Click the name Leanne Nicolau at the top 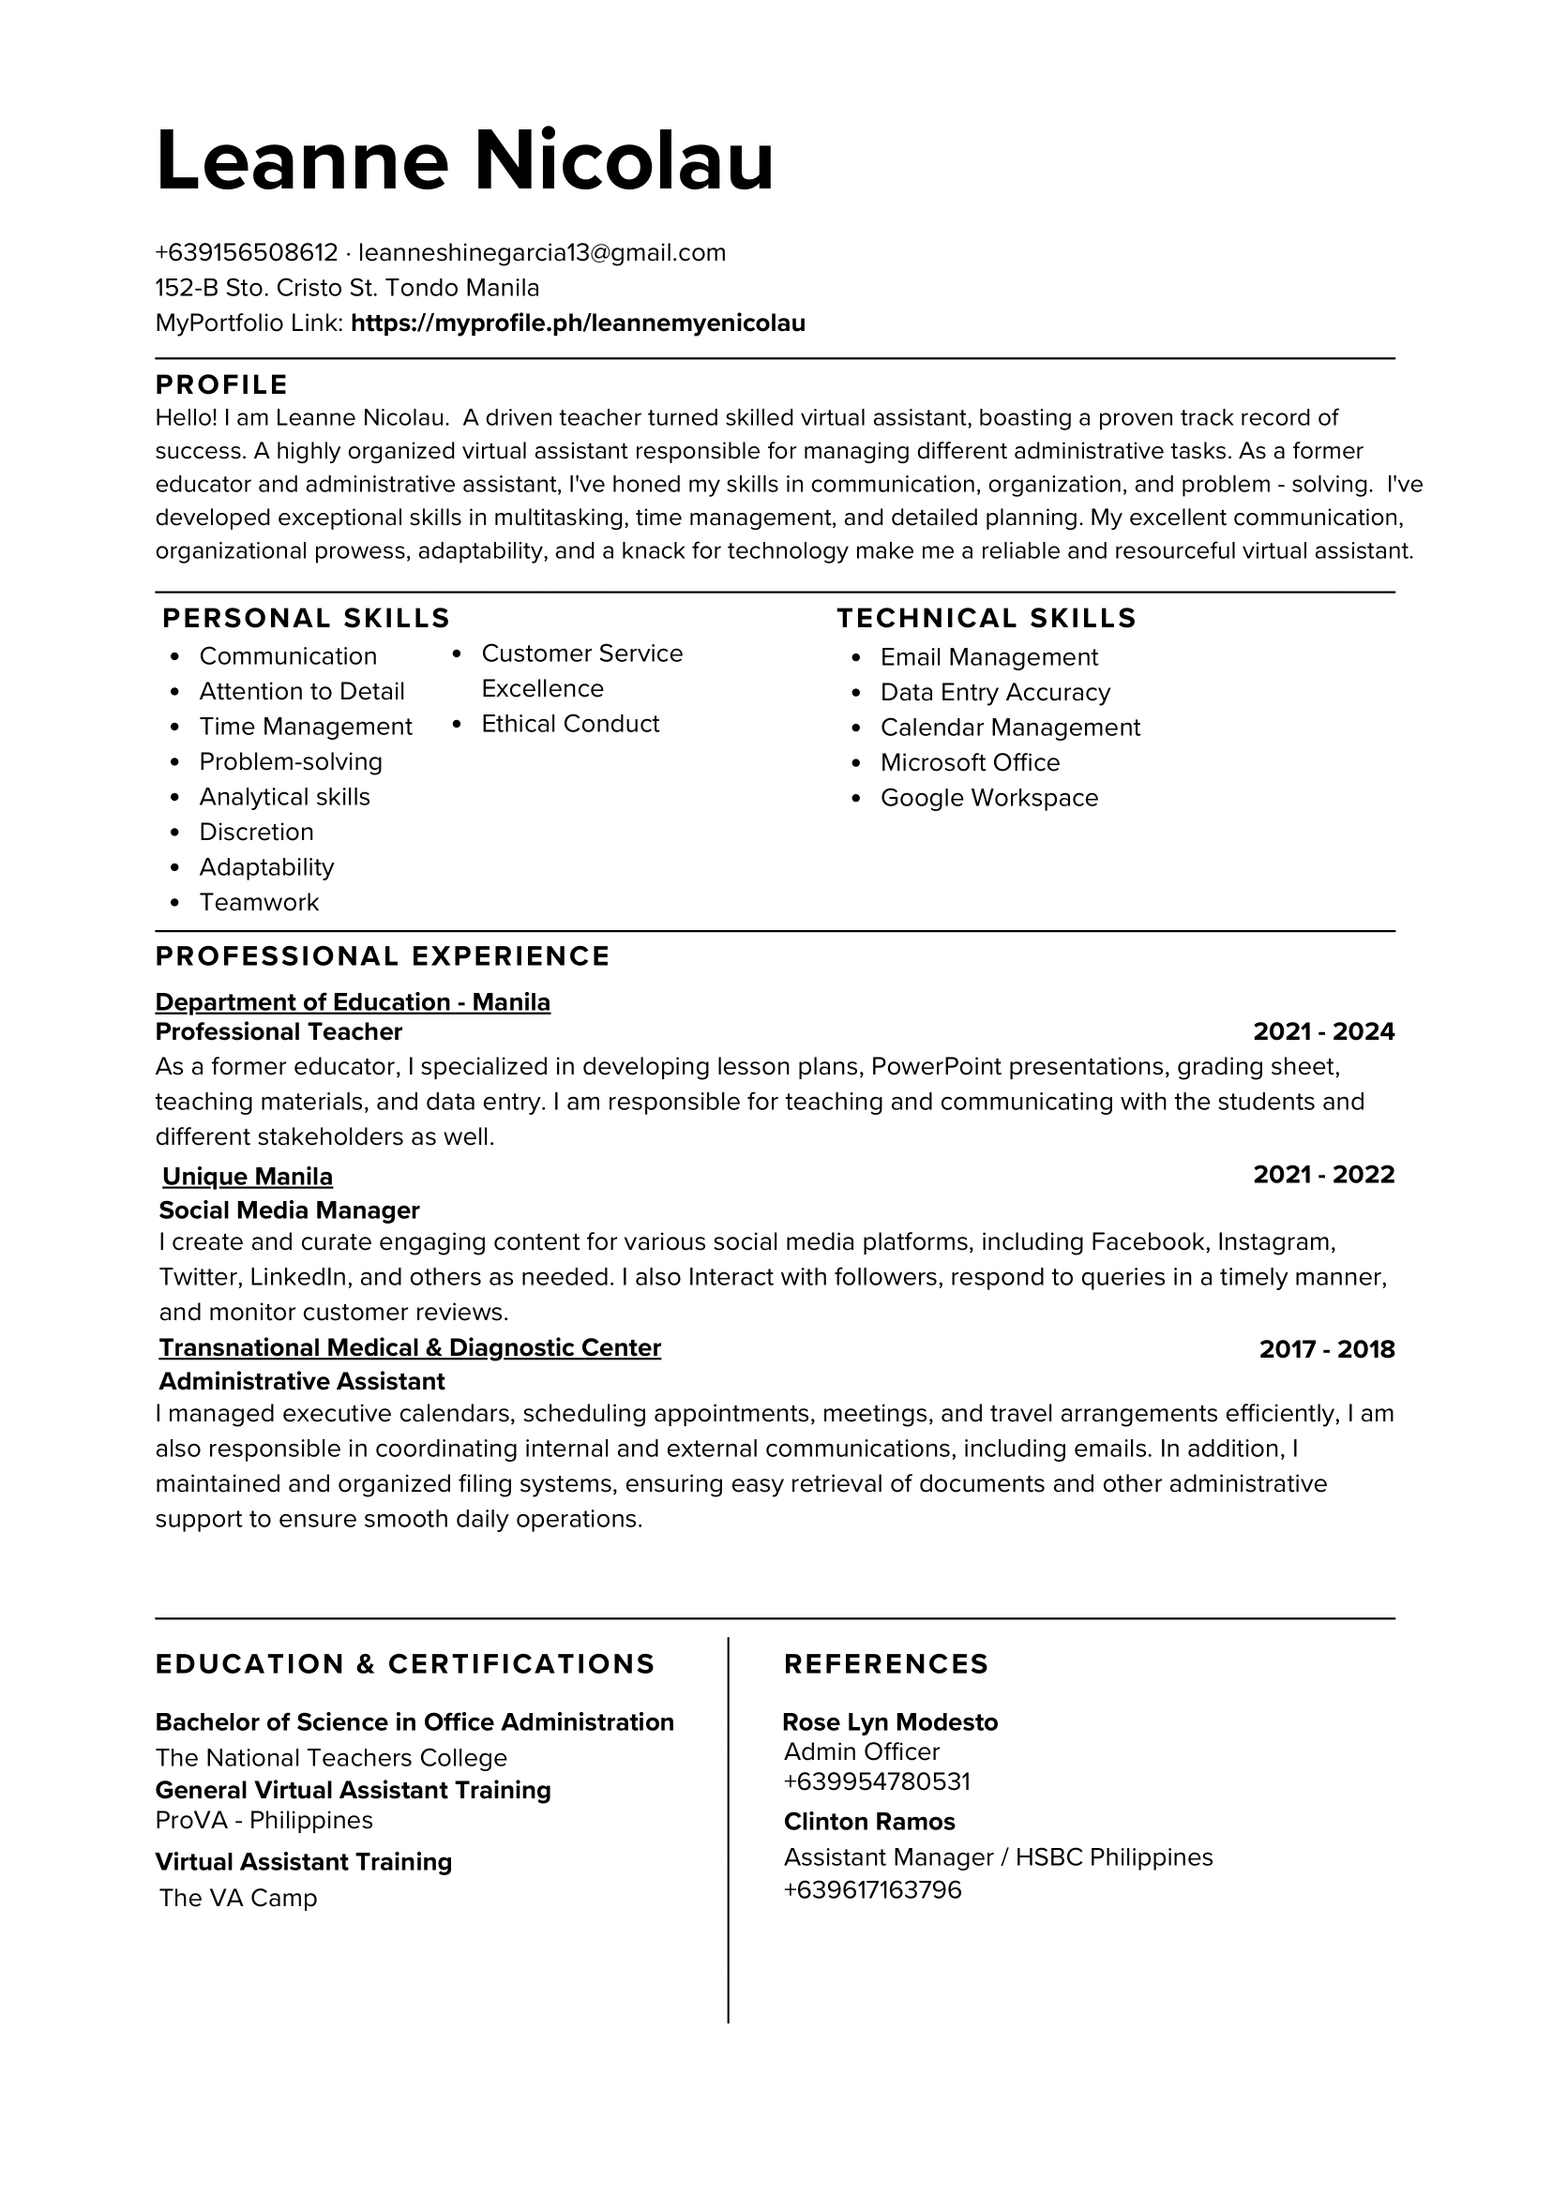464,160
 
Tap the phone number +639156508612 247,253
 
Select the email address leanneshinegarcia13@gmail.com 542,253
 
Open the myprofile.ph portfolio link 579,323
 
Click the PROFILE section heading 221,384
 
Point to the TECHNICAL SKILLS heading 987,618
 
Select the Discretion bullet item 256,833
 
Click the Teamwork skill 259,902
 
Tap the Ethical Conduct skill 570,725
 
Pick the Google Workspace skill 989,798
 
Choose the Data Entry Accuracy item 995,693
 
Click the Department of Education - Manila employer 353,1002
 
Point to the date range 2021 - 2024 1323,1032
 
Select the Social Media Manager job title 290,1210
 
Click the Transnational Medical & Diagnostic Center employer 410,1348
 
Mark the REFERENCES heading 886,1664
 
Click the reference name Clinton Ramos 869,1823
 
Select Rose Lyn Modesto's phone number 877,1782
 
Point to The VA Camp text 238,1898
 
